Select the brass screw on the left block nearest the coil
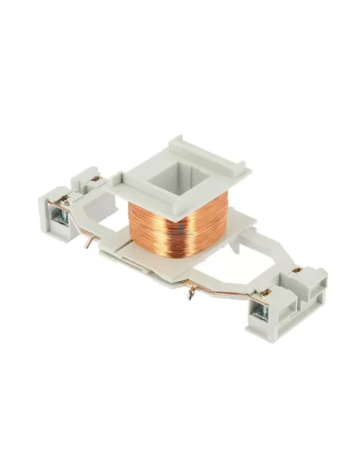pyautogui.click(x=94, y=180)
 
